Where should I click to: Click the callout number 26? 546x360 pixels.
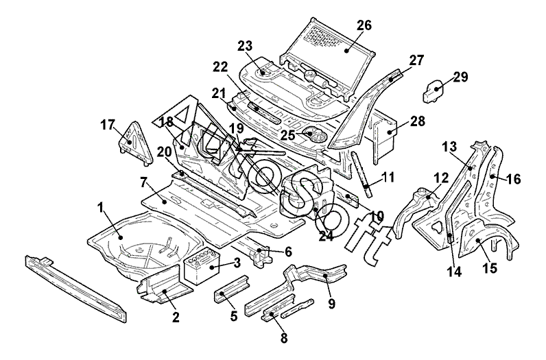(x=364, y=26)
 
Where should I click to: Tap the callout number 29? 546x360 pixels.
(x=460, y=77)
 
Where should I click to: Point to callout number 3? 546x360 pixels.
(x=237, y=263)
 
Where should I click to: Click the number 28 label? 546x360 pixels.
(x=417, y=122)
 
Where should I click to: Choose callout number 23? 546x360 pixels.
(x=246, y=47)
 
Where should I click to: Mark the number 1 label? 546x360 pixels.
(x=100, y=206)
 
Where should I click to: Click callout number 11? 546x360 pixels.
(x=388, y=177)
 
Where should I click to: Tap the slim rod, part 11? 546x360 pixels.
(x=361, y=171)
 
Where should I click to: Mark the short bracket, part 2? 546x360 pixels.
(x=160, y=288)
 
